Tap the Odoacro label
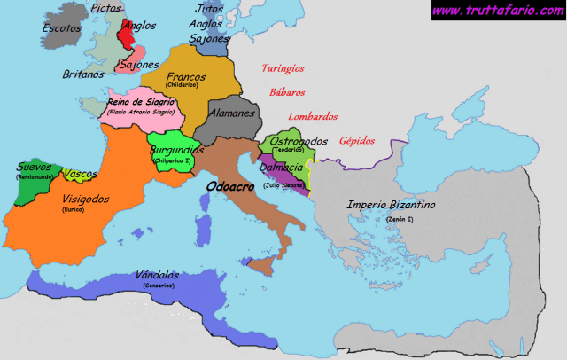[229, 187]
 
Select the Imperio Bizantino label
[391, 205]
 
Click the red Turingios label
[283, 68]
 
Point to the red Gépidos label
[357, 140]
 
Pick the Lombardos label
[313, 116]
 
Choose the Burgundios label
[176, 151]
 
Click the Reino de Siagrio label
[143, 103]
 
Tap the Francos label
[185, 76]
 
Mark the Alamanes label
[232, 113]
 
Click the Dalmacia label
[283, 167]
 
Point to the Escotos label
[61, 27]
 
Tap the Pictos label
[107, 8]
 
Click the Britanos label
[83, 74]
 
